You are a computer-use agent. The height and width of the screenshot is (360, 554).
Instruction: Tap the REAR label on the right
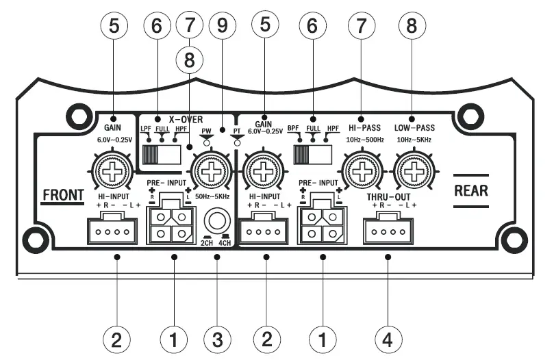click(471, 190)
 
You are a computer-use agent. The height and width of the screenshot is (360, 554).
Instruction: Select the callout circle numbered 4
click(388, 338)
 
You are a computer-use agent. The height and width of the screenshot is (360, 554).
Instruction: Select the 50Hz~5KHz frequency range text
click(212, 196)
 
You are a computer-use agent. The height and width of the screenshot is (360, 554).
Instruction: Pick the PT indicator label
click(236, 129)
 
